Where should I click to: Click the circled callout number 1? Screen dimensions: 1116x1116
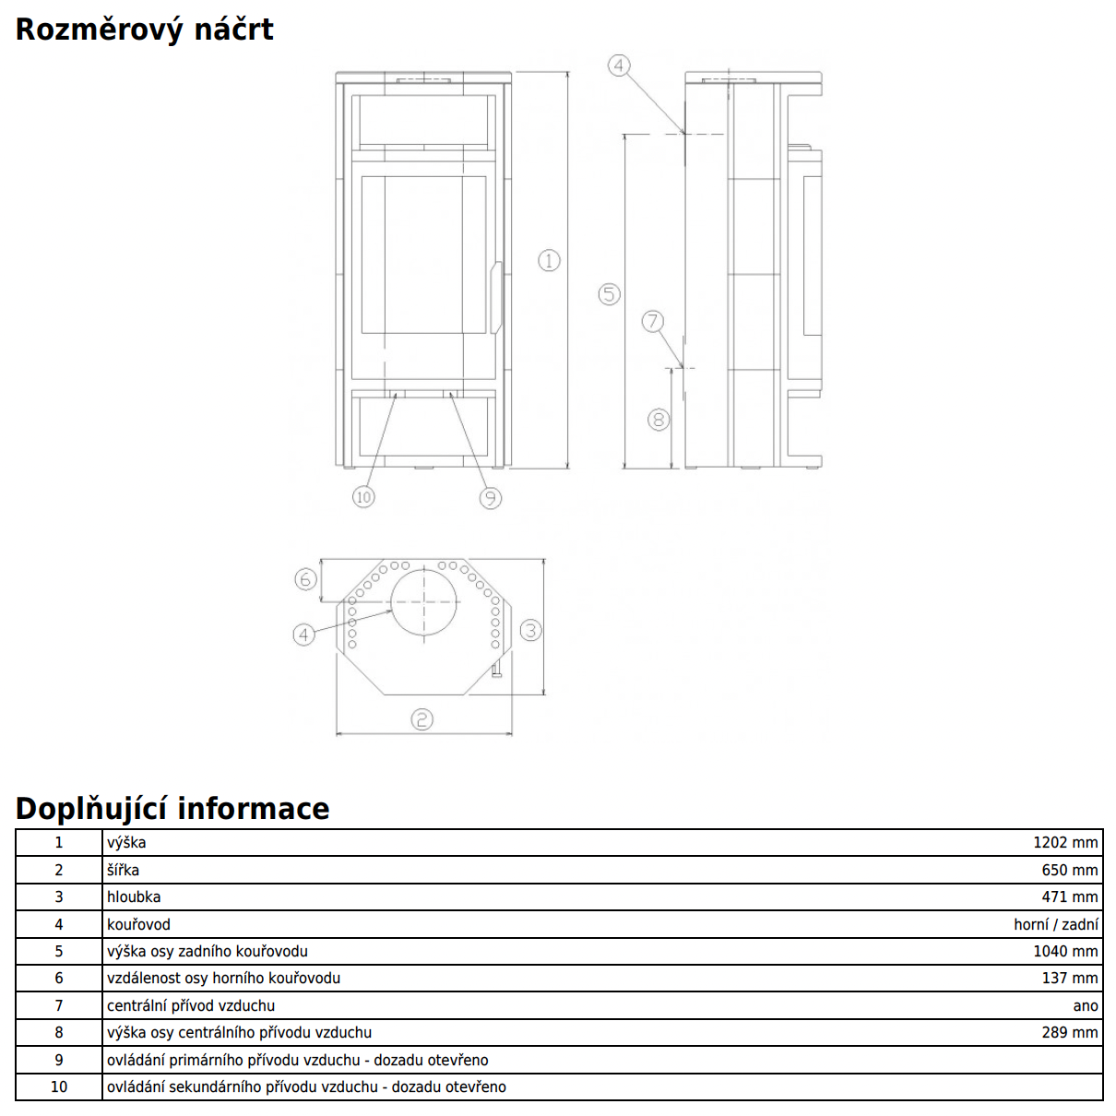coord(549,261)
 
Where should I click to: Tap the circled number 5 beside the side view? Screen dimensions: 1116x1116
coord(609,294)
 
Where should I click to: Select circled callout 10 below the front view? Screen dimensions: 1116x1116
coord(363,497)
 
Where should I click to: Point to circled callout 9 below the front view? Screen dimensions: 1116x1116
coord(490,498)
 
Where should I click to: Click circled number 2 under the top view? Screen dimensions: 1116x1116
coord(421,719)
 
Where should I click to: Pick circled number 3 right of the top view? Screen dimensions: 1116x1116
coord(530,631)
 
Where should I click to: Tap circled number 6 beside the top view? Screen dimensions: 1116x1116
coord(305,579)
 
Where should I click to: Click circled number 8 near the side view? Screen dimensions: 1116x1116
coord(658,421)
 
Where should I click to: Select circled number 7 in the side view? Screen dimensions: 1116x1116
coord(653,321)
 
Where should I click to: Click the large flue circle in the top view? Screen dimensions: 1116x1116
coord(424,602)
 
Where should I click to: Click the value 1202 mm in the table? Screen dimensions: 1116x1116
coord(1065,843)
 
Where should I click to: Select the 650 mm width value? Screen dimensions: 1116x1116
coord(1070,870)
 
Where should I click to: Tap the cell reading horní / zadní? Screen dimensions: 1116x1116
coord(1056,924)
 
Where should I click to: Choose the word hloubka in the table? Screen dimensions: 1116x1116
coord(134,896)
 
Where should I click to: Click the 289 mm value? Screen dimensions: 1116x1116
coord(1070,1032)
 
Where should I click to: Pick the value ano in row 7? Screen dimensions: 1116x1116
coord(1086,1005)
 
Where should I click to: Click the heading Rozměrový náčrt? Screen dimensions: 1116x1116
coord(145,30)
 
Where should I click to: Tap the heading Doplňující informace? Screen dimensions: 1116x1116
coord(172,809)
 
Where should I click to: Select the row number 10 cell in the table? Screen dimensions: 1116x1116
coord(59,1086)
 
